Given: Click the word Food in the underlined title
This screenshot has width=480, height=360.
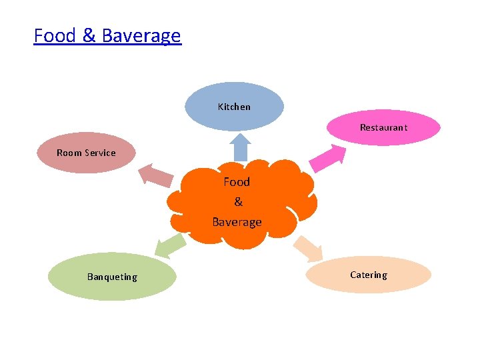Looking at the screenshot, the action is (55, 35).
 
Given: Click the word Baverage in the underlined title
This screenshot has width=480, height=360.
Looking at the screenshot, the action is (141, 35).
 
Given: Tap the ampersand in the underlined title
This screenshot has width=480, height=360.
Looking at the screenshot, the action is (89, 35).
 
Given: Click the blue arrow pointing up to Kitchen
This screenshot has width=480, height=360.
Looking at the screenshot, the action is (241, 147).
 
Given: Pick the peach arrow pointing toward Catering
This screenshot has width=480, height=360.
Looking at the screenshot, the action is (309, 247).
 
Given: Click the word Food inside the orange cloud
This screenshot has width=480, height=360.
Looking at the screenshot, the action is (237, 182).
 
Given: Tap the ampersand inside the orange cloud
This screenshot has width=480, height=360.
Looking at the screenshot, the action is (238, 202).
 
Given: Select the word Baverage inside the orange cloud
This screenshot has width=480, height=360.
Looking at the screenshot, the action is (237, 222).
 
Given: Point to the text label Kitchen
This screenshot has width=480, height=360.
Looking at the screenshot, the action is (234, 107).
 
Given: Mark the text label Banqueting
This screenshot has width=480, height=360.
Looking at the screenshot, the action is (112, 277).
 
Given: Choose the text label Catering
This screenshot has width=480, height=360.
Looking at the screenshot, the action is (368, 275).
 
